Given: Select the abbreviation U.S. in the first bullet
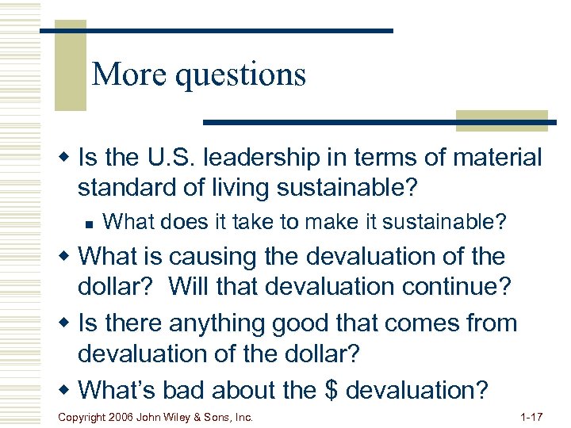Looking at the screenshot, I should tap(171, 158).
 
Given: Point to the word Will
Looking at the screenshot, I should tap(194, 286).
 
